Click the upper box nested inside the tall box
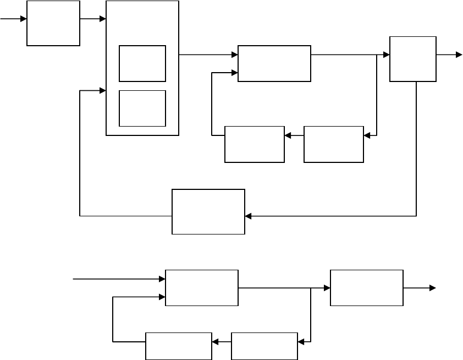pos(142,64)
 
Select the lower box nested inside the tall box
pos(142,108)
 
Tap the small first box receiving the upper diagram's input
pos(53,23)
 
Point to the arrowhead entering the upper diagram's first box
pos(24,19)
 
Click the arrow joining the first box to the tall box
pos(92,19)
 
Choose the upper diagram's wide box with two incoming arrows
pos(274,63)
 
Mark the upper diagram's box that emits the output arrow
pos(412,59)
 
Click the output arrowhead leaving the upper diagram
pos(459,54)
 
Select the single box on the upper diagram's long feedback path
pos(208,211)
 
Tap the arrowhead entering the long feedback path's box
pos(248,216)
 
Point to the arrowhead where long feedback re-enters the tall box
pos(102,90)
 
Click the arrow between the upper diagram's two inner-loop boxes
pos(294,135)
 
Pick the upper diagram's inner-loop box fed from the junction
pos(333,144)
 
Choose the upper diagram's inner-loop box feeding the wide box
pos(255,144)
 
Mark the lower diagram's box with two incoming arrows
pos(202,287)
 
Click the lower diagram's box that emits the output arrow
pos(366,287)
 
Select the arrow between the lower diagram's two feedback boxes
pos(222,342)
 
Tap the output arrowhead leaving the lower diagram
pos(433,287)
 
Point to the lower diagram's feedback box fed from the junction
pos(264,346)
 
